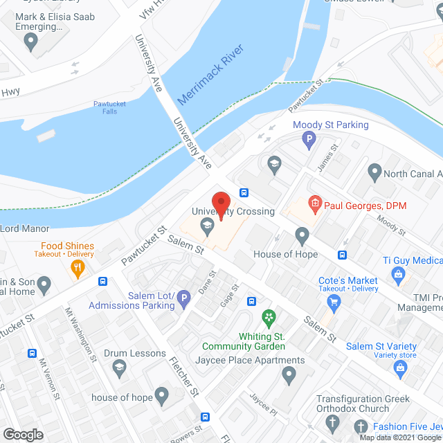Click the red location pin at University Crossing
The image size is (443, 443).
[x=221, y=204]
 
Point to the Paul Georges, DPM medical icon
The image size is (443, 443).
[x=315, y=204]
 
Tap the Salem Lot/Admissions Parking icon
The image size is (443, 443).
[x=183, y=299]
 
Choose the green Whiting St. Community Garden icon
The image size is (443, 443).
[x=269, y=318]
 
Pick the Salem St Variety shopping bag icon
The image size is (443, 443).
[x=400, y=367]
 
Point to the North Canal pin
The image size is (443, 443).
[x=374, y=170]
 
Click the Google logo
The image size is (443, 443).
[x=22, y=434]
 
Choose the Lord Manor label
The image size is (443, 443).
[x=25, y=228]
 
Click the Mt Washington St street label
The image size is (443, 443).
[x=80, y=335]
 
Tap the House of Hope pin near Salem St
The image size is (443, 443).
[x=302, y=236]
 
